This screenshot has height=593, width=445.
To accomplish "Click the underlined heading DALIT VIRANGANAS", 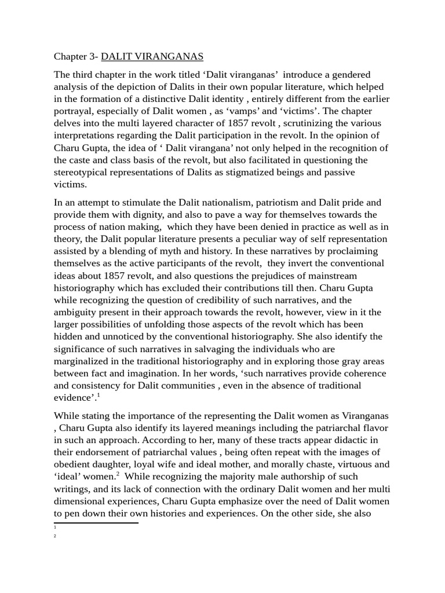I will click(152, 56).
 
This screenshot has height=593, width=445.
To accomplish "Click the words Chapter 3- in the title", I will click(76, 56).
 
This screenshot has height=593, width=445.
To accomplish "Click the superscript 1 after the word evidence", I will click(99, 396).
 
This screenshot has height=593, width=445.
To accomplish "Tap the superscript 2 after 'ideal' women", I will click(118, 474).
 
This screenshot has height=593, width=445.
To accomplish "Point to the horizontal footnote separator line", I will click(96, 523).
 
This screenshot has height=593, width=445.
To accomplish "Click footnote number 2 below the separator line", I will click(54, 536).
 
